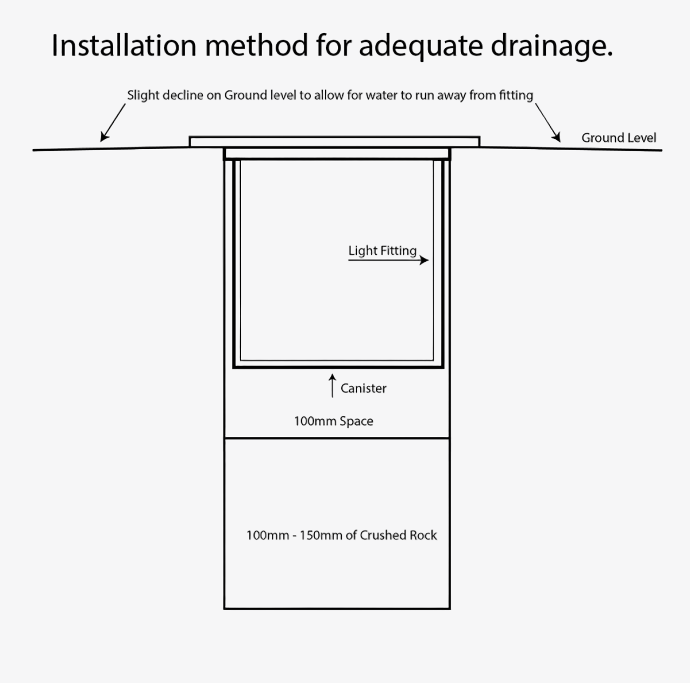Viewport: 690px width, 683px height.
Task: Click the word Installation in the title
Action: (124, 45)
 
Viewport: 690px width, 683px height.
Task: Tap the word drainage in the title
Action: (551, 47)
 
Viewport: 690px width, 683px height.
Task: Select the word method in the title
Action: (256, 45)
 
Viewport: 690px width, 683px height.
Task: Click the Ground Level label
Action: (619, 138)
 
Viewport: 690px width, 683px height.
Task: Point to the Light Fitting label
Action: (382, 250)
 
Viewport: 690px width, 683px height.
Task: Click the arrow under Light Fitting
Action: (388, 260)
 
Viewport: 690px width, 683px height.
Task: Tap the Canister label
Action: (363, 388)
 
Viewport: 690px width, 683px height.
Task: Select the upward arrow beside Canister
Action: (333, 385)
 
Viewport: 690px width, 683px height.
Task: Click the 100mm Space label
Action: (334, 421)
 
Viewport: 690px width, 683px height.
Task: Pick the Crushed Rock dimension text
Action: (342, 535)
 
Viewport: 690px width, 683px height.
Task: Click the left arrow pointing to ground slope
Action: (113, 123)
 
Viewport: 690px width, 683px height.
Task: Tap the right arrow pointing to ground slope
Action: (548, 123)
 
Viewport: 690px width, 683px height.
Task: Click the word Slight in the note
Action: (143, 95)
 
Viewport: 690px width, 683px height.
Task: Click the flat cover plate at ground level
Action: (334, 141)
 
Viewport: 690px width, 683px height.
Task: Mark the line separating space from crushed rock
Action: (337, 438)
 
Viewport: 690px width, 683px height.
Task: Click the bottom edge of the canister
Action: (339, 367)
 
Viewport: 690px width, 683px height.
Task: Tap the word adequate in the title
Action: (421, 47)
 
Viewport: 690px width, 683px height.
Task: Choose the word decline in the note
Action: (183, 95)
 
